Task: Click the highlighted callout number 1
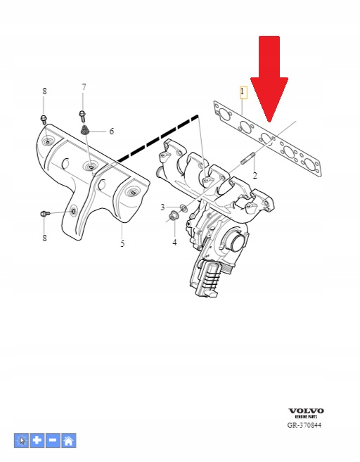coord(243,91)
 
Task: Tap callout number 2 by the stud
coord(255,175)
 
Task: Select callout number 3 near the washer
coord(162,207)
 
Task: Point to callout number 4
coord(174,242)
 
